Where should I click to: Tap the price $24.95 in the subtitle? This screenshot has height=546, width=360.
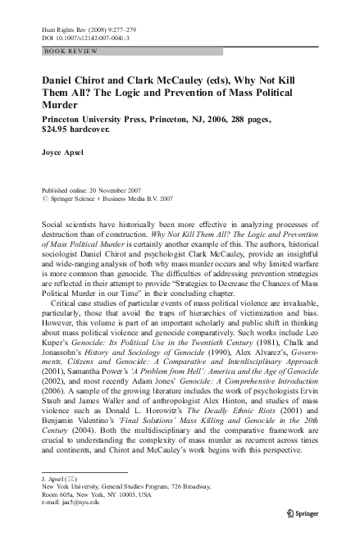(x=54, y=130)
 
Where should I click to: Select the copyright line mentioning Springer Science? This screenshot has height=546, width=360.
(x=101, y=197)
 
